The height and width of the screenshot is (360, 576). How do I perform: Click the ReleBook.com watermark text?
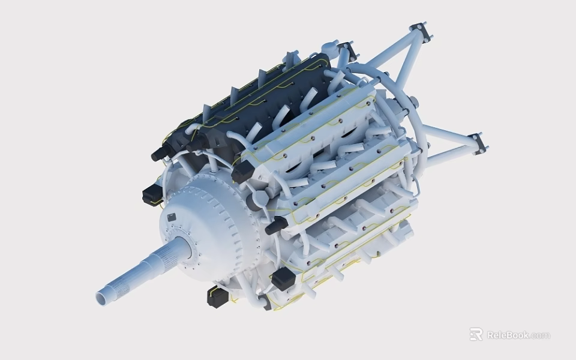coord(518,335)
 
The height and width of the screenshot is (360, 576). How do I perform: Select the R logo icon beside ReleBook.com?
coord(476,334)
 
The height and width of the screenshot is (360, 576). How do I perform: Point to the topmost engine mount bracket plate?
coord(420,32)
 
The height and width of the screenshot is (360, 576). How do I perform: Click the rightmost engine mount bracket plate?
coord(478,143)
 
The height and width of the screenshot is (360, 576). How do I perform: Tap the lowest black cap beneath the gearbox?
coord(217,296)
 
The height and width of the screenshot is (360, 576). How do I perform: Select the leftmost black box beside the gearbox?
coord(152,194)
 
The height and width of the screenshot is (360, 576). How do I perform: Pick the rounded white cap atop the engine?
coord(329,46)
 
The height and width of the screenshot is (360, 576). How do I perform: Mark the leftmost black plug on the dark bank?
coord(160,154)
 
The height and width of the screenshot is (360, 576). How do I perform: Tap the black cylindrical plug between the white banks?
coord(275,226)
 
